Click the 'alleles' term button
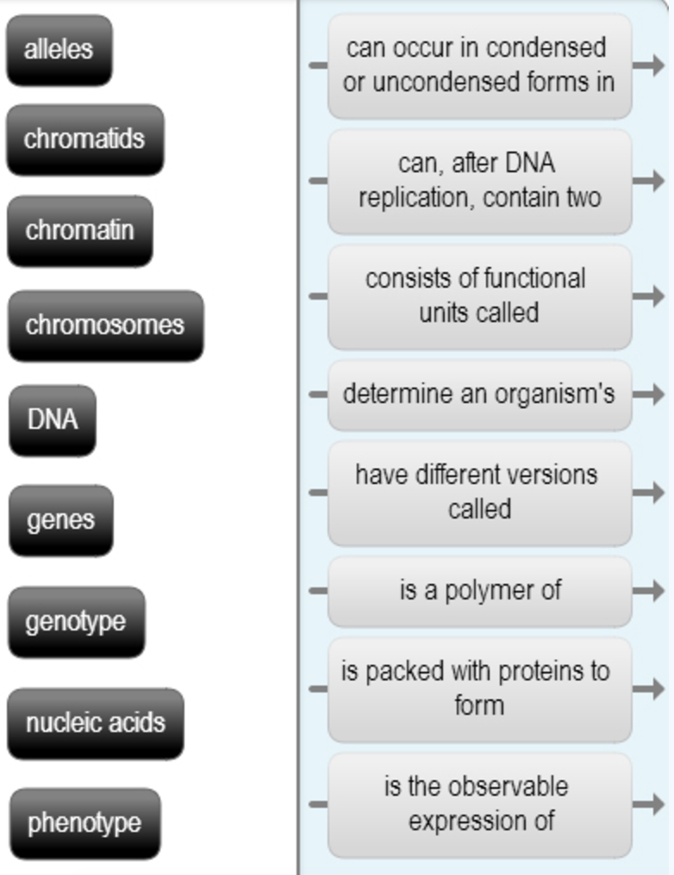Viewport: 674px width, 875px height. [59, 50]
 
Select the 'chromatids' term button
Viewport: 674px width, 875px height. [85, 140]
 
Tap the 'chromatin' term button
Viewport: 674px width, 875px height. [80, 231]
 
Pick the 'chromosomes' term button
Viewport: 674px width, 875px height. [105, 326]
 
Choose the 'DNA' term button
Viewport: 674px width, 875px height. [53, 420]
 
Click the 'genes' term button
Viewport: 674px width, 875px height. [61, 521]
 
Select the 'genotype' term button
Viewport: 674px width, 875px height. [77, 622]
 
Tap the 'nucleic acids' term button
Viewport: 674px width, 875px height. [96, 723]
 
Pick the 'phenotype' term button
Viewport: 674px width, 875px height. [84, 823]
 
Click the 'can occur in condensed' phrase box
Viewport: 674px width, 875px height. [480, 65]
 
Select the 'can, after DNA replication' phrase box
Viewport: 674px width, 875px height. [480, 182]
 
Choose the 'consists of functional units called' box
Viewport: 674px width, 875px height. [480, 297]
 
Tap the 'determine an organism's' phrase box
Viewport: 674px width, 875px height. [480, 395]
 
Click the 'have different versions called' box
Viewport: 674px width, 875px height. [480, 493]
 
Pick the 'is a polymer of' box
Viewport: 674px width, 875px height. [480, 592]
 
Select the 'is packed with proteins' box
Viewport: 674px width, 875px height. [480, 690]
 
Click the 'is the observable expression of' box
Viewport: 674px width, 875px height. [480, 805]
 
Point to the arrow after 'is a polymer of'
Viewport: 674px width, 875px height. [649, 591]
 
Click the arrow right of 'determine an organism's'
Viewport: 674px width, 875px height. [649, 394]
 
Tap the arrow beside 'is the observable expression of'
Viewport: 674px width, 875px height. [649, 804]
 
